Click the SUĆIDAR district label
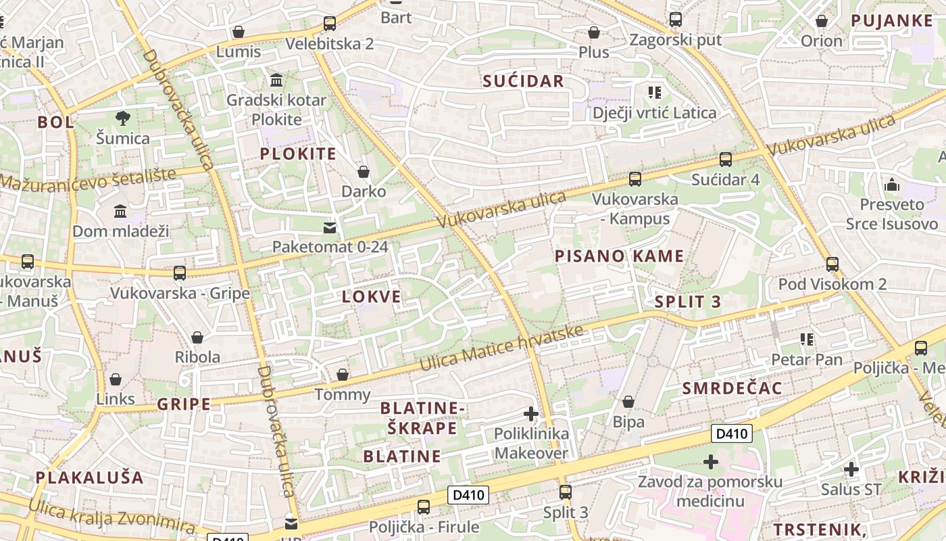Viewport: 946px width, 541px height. coord(523,81)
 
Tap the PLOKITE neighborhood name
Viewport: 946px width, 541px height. coord(298,154)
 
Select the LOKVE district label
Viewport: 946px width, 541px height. coord(371,296)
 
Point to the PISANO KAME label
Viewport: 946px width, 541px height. coord(619,256)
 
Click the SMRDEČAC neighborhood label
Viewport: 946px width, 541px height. coord(732,388)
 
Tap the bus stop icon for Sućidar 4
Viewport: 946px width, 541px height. coord(726,160)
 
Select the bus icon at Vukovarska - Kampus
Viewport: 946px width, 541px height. coord(635,179)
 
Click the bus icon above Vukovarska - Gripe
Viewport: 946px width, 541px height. coord(180,273)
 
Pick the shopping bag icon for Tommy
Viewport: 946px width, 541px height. coord(343,375)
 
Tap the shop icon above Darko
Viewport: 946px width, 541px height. coord(364,172)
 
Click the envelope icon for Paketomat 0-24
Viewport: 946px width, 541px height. coord(330,227)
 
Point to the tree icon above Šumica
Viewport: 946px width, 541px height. coord(122,118)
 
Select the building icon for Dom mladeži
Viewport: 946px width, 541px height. coord(120,212)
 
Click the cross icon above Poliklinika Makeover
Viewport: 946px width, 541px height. coord(531,413)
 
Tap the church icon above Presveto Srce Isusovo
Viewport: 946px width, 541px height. coord(891,184)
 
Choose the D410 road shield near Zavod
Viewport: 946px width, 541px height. coord(732,433)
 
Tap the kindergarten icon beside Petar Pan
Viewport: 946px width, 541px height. coord(806,339)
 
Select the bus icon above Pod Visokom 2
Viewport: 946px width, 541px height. coord(832,264)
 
